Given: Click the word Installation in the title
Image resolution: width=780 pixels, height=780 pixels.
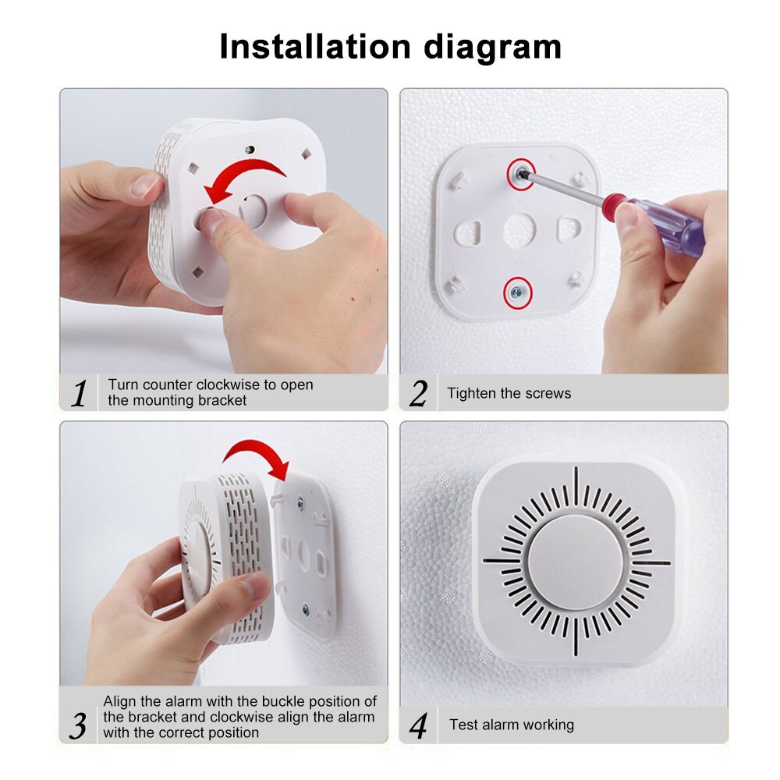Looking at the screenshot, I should tap(316, 47).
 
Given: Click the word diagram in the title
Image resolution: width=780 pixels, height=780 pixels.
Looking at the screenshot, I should tap(492, 47).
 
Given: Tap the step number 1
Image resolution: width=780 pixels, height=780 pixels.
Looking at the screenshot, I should tap(79, 393).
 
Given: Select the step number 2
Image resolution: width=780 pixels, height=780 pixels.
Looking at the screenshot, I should tap(419, 394).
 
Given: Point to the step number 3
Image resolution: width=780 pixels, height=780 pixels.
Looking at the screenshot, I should tap(78, 725).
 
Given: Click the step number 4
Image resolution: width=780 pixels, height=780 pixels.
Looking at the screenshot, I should tap(419, 726).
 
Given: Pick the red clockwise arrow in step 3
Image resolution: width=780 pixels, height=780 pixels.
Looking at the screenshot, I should tap(257, 456).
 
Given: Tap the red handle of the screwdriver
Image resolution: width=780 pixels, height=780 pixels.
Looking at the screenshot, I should tap(621, 210).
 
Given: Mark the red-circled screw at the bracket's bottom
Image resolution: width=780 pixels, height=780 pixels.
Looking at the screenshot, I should tap(516, 290).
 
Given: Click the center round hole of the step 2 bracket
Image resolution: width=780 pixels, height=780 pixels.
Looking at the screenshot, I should tap(518, 229).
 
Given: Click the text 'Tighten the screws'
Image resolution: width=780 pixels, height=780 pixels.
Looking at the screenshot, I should tap(509, 393).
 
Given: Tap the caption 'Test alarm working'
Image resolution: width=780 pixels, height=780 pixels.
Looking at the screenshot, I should tap(511, 725).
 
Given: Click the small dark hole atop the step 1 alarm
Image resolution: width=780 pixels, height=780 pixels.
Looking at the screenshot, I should tap(250, 148).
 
